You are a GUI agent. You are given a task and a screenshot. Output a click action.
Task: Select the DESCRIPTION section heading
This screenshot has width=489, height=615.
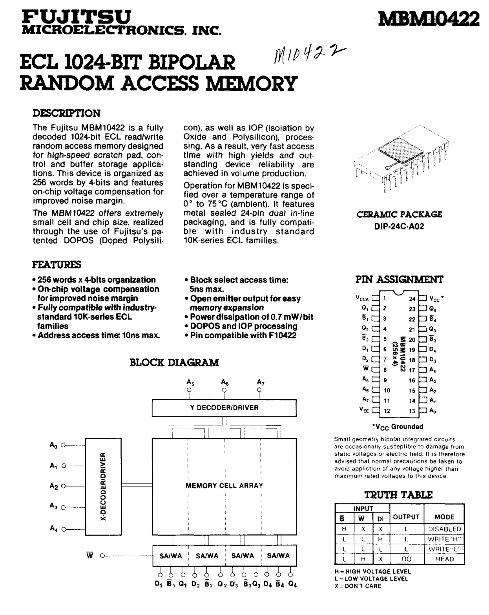(66, 113)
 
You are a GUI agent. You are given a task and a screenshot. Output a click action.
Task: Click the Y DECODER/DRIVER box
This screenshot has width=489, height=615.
(224, 408)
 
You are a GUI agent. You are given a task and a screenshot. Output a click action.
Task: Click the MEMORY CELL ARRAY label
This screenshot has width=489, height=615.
(224, 486)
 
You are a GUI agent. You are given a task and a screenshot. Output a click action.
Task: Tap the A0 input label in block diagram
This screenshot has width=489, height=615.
(54, 445)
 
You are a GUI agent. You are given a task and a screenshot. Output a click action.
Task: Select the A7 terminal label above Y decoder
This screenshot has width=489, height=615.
(261, 382)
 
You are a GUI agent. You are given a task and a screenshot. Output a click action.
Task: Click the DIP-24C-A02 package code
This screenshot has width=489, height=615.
(399, 227)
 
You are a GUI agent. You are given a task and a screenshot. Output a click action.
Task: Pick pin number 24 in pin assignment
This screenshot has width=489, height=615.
(412, 299)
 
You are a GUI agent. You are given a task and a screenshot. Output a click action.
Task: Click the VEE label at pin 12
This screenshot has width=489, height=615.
(363, 409)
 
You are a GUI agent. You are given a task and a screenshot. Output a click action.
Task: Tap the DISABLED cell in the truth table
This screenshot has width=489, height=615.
(445, 529)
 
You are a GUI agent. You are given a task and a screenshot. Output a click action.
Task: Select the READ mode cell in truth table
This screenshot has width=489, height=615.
(445, 559)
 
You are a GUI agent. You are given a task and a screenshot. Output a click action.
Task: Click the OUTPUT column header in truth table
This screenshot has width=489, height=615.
(406, 517)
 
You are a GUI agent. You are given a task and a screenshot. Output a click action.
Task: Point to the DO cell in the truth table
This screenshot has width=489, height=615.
(406, 559)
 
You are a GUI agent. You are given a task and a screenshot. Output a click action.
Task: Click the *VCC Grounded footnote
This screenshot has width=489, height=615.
(397, 426)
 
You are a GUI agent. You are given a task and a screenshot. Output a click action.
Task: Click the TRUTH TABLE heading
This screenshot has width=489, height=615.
(399, 495)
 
